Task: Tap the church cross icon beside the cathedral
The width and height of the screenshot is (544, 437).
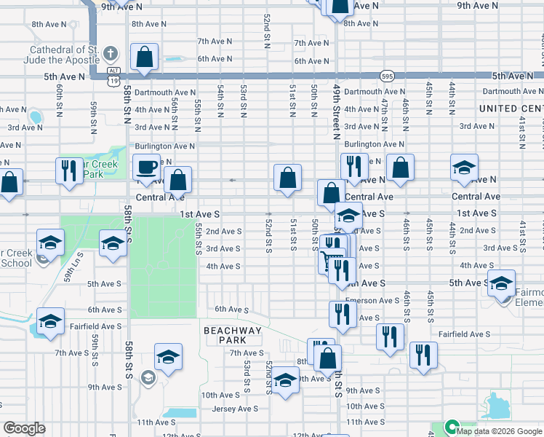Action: (110, 53)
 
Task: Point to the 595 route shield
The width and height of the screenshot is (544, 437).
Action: (386, 76)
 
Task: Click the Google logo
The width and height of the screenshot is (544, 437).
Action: (24, 428)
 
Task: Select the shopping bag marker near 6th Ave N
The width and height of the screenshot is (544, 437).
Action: (145, 57)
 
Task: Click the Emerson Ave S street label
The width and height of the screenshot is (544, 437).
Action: (372, 300)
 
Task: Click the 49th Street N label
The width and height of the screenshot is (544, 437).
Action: (337, 109)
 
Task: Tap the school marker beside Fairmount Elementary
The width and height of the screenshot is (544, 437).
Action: (501, 282)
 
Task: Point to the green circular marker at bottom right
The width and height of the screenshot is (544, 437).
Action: (451, 428)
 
